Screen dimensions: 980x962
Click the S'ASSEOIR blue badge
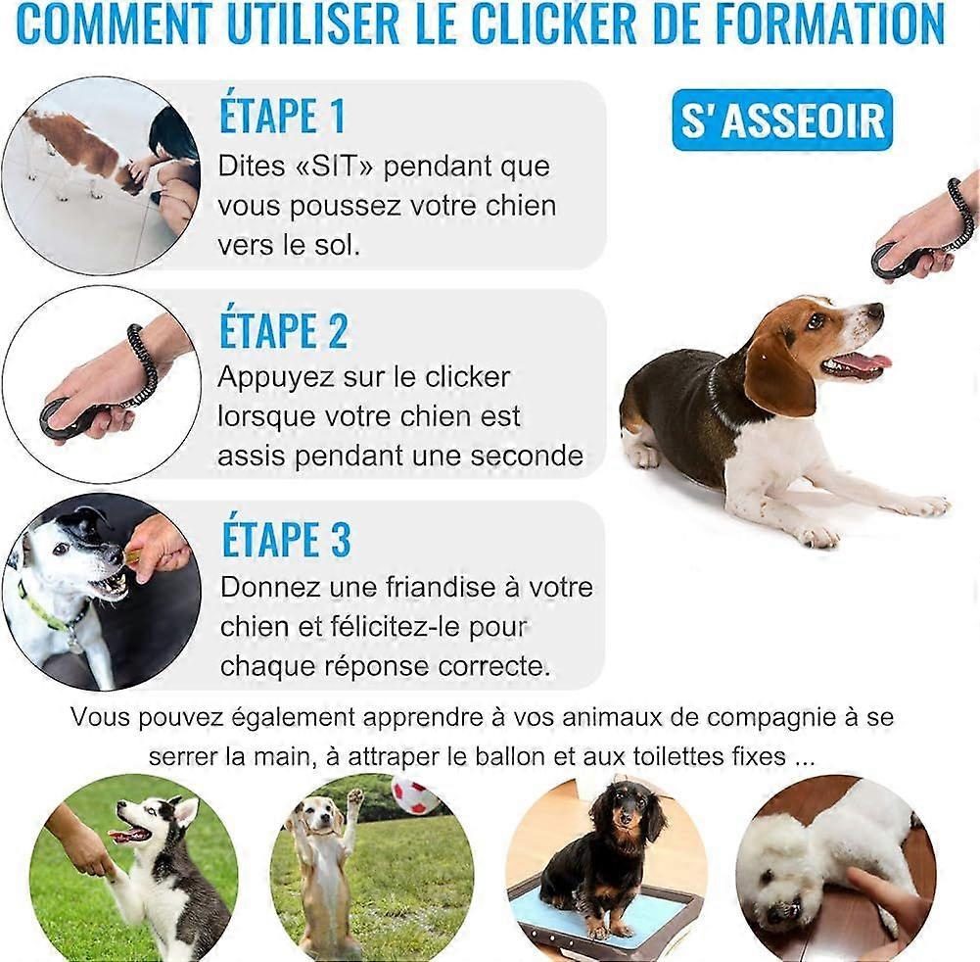(782, 120)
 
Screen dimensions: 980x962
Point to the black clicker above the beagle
(895, 261)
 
